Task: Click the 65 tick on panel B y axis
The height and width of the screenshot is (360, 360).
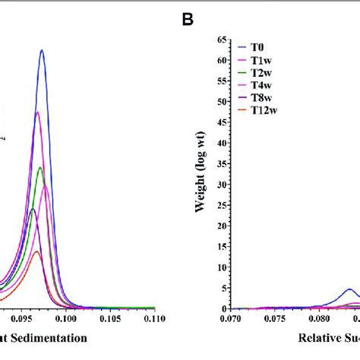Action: point(222,39)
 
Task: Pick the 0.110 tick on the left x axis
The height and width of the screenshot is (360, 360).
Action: point(154,320)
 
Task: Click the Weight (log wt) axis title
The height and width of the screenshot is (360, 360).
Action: point(201,174)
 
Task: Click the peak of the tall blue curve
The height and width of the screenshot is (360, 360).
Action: point(42,51)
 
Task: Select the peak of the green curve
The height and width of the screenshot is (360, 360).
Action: point(40,167)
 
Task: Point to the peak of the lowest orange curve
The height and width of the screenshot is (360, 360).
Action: point(36,251)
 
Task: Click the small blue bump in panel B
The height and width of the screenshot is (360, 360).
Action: point(349,289)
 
